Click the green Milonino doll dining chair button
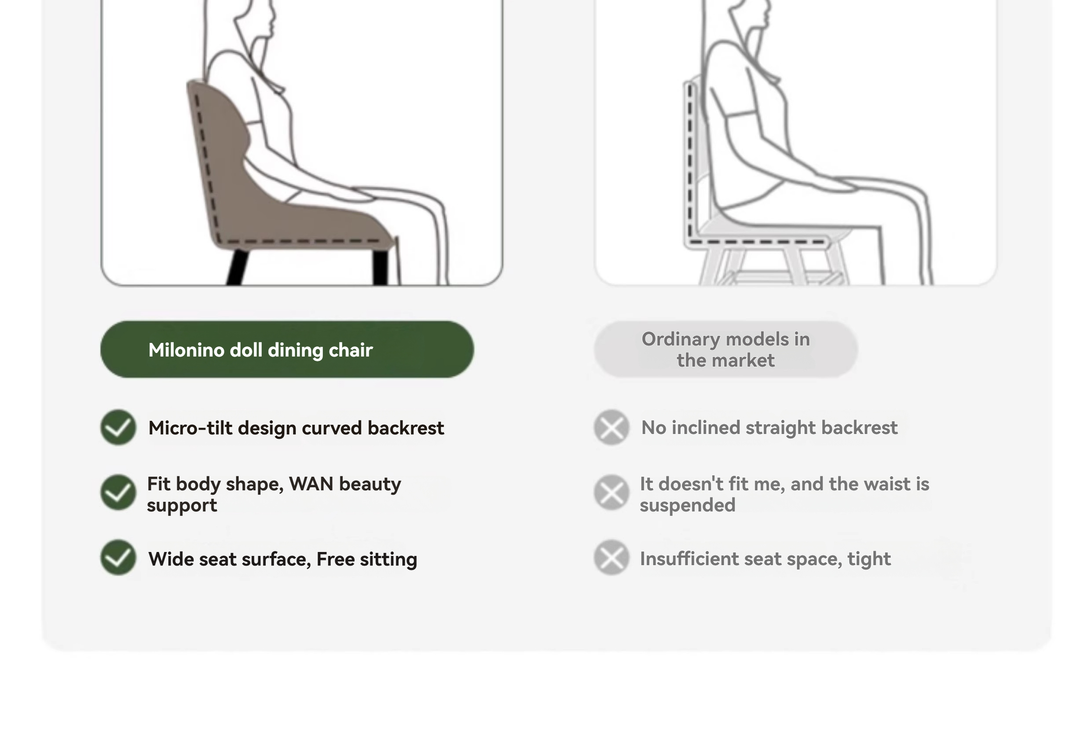click(287, 349)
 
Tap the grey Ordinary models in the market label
click(726, 349)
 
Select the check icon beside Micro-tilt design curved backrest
click(118, 427)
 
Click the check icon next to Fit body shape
click(118, 493)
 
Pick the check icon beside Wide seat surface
click(118, 558)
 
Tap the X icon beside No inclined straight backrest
click(611, 427)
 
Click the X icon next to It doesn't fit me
click(611, 493)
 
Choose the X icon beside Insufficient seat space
click(611, 558)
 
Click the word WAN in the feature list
click(311, 484)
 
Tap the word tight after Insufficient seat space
click(869, 559)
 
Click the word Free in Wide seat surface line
click(336, 559)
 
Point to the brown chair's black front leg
click(381, 267)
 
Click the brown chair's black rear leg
click(238, 267)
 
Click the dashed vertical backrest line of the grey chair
click(690, 160)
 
